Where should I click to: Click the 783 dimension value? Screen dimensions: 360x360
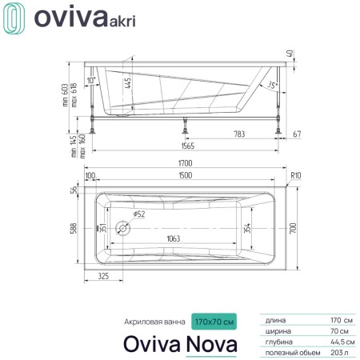coord(239,133)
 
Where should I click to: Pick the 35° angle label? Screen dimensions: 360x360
coord(272,85)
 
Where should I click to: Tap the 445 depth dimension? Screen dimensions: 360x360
coord(127,82)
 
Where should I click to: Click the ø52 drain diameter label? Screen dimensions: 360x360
coord(138,214)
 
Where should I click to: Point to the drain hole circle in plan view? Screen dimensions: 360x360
coord(124,228)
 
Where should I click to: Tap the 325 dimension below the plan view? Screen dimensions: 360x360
coord(102,276)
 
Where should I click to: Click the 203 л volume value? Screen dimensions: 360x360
coord(339,350)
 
